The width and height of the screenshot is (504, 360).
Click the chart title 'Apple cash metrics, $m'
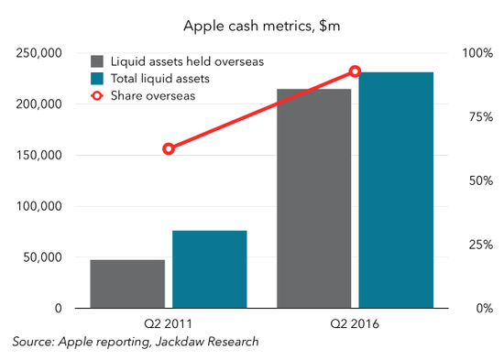[262, 26]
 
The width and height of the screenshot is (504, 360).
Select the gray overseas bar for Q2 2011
[127, 284]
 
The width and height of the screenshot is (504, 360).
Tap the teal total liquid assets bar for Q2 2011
[210, 269]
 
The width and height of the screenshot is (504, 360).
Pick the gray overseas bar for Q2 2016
[314, 199]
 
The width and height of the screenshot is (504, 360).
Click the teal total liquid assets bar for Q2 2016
[396, 190]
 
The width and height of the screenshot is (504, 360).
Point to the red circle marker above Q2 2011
[169, 149]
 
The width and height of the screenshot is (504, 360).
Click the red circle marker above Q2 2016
[355, 71]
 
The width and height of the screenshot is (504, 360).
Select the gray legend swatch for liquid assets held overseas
[97, 61]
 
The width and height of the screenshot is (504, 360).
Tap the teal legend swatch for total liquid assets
[97, 79]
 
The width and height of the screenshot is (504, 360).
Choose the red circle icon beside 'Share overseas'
[97, 96]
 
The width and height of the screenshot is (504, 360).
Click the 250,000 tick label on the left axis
[38, 53]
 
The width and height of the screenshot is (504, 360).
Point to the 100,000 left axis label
[38, 206]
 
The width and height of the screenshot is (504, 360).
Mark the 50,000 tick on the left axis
[42, 257]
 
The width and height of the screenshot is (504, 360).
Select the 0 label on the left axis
[58, 309]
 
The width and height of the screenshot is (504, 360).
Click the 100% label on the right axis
[477, 53]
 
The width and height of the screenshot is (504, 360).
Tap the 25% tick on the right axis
[480, 245]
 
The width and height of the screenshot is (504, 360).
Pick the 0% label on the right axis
[485, 309]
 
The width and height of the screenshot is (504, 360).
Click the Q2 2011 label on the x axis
[168, 323]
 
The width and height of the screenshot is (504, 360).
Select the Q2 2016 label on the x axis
[355, 323]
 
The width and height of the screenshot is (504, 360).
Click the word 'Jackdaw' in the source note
[180, 342]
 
